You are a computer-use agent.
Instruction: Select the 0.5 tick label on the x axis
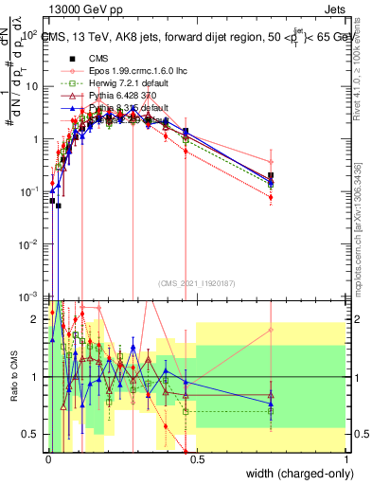tap(197, 458)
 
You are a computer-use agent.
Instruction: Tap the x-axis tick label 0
tap(47, 458)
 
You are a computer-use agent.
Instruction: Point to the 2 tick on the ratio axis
tap(38, 319)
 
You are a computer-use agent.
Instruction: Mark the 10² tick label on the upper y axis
tap(30, 34)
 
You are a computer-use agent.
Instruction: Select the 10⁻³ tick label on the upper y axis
tap(30, 297)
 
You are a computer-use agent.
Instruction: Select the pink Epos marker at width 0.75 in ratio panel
tap(272, 331)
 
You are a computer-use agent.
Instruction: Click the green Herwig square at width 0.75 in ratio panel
tap(272, 411)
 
